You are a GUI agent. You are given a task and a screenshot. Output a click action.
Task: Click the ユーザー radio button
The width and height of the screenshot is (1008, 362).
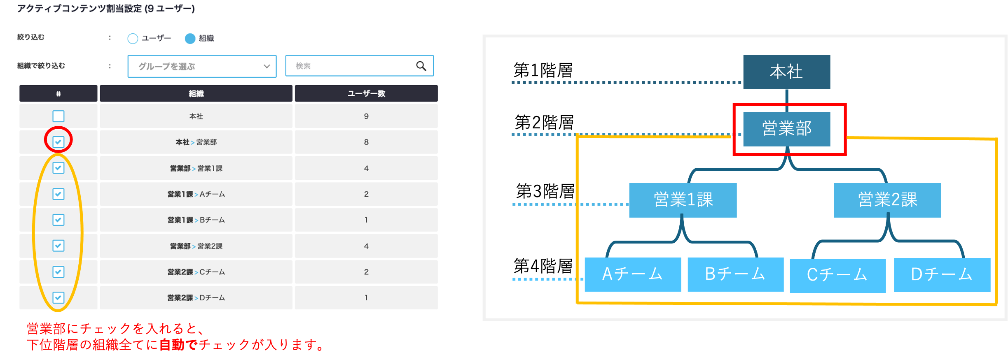coord(133,39)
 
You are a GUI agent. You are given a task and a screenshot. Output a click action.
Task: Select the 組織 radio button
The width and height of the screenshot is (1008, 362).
coord(190,39)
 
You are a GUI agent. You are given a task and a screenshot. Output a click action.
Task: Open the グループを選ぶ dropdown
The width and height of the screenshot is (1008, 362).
coord(202,66)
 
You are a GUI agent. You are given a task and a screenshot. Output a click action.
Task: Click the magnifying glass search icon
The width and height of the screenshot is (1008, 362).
coord(421,66)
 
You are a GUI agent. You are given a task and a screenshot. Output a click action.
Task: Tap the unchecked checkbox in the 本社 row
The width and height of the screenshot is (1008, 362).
coord(58,116)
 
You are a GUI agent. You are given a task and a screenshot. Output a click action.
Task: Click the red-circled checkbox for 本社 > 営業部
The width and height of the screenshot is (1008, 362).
coord(58,142)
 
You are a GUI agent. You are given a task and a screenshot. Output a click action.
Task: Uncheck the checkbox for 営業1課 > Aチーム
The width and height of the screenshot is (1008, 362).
coord(58,194)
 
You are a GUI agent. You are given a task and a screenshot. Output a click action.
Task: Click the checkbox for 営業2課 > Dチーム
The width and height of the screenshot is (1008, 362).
coord(58,297)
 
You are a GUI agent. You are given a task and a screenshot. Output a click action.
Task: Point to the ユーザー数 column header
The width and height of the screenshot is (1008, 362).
coord(366,93)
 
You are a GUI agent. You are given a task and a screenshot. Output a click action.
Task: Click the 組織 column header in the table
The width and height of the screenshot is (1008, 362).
coord(196,93)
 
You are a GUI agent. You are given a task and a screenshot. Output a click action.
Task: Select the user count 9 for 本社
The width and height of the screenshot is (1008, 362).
coord(366,116)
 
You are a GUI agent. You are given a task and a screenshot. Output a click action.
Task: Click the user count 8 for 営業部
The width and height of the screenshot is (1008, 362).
coord(366,142)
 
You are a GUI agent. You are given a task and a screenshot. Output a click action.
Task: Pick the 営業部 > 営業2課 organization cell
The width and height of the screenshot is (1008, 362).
coord(196,246)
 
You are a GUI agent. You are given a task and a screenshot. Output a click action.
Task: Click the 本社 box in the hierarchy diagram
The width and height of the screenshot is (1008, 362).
coord(786,72)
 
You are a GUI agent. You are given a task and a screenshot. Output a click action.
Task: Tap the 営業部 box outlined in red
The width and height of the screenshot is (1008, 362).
coord(786,129)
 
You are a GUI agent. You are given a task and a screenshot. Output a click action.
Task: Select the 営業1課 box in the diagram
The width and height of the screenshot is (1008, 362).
coord(683,200)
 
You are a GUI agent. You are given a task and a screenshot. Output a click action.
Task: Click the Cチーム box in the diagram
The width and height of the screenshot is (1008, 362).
coord(837,275)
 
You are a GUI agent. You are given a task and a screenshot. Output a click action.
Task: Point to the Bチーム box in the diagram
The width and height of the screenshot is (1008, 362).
coord(736,274)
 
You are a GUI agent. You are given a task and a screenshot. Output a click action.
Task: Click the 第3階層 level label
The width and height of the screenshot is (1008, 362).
coord(545,191)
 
